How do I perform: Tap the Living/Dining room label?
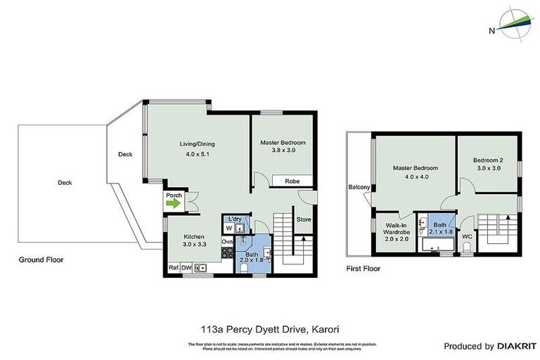197,144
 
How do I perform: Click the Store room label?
304,219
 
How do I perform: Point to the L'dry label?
234,220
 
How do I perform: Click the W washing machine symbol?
228,229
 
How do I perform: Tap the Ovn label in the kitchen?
226,242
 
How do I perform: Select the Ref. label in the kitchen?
172,268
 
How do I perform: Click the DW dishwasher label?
186,268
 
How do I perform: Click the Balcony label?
359,187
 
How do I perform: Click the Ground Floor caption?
41,259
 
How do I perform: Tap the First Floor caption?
364,269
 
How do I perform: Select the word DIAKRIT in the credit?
517,346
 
